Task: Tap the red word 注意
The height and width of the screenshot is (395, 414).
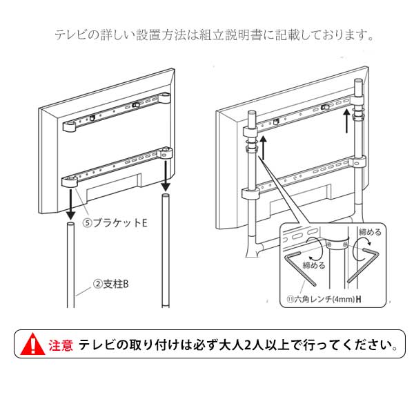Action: (61, 345)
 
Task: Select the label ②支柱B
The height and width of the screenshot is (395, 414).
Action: (112, 283)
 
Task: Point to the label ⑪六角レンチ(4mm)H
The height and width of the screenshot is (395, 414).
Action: (324, 300)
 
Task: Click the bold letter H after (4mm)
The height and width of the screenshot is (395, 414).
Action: (359, 300)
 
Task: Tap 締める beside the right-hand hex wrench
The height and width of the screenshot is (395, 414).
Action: (369, 231)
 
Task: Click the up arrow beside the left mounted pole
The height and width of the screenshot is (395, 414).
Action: (263, 148)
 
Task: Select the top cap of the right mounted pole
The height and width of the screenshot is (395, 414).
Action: (357, 84)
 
